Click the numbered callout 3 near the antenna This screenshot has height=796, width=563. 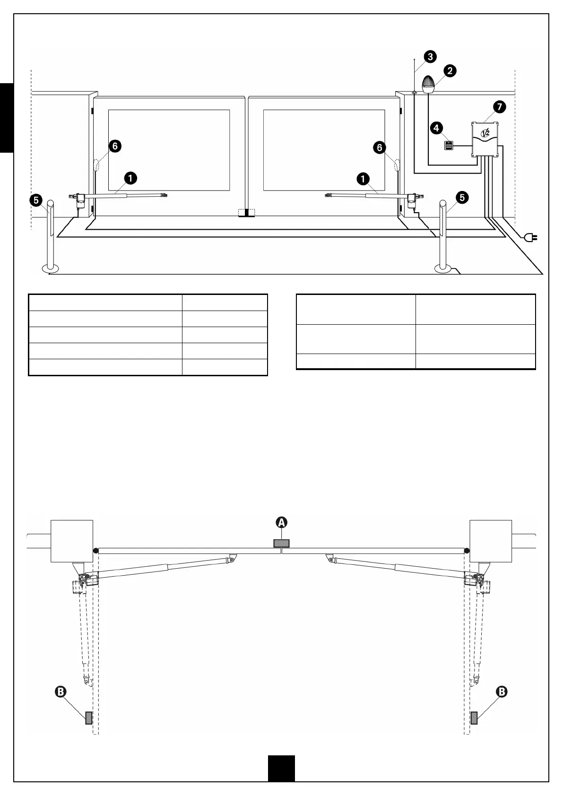(x=430, y=57)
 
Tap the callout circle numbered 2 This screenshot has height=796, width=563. (x=450, y=71)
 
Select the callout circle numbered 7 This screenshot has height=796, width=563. (x=499, y=107)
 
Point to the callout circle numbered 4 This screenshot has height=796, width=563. (x=436, y=128)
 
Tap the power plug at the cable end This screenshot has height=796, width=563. (x=532, y=237)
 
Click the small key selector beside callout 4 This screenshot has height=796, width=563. (x=448, y=146)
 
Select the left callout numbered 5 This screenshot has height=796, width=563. (x=36, y=200)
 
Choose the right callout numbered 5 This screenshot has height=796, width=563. (x=462, y=198)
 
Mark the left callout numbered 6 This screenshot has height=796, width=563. (x=114, y=146)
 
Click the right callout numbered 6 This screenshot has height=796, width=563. (x=380, y=148)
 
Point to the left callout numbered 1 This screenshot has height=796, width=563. (x=130, y=178)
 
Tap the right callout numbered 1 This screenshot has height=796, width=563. (x=363, y=179)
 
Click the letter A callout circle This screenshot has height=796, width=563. (x=281, y=522)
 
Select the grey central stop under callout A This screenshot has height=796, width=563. (x=281, y=543)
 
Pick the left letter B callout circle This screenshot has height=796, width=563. (x=61, y=692)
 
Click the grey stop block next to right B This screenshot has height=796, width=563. (x=474, y=718)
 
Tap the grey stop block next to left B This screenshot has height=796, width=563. (x=88, y=718)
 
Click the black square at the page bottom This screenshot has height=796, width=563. (x=281, y=768)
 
